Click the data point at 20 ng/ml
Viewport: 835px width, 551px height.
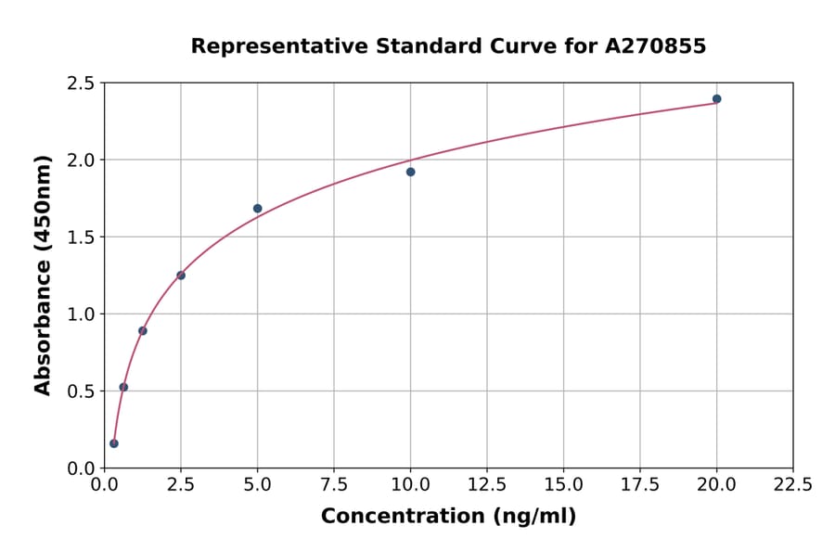716,99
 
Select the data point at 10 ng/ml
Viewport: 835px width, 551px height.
410,172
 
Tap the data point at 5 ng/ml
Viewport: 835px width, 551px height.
257,209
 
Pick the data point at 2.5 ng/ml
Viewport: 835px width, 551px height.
181,275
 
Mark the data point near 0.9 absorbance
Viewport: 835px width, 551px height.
143,330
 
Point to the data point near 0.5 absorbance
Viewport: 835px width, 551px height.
123,387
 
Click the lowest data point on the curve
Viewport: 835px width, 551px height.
114,443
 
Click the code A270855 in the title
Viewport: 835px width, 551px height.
656,46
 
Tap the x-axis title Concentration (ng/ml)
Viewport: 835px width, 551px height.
448,517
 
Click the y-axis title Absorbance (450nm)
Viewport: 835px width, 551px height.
43,275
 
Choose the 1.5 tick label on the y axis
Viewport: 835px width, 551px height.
81,237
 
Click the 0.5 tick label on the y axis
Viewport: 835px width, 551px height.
81,391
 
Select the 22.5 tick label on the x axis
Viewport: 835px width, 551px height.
792,485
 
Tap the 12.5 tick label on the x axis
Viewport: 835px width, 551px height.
487,485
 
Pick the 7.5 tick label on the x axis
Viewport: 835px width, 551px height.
334,485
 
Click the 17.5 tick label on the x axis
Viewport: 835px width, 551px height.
640,485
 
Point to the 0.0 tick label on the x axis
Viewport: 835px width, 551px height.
104,485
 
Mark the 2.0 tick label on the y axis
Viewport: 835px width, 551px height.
81,160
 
